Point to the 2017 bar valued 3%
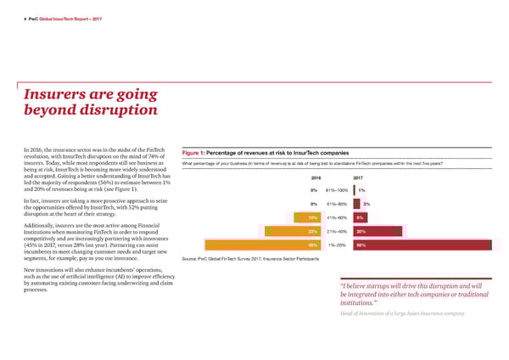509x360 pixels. point(356,204)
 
